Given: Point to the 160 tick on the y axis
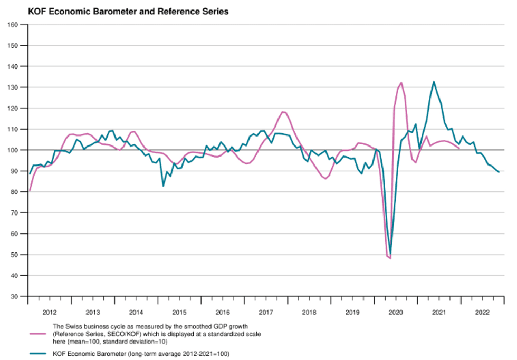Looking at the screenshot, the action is pos(13,24).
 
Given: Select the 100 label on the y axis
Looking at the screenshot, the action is pos(13,150).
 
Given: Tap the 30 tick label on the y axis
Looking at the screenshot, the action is pos(15,296).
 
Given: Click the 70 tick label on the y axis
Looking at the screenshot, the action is pos(15,213).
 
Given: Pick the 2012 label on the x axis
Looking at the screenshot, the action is pos(50,312).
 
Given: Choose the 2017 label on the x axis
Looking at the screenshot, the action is pos(266,312).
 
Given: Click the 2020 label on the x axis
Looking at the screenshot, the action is pos(396,312).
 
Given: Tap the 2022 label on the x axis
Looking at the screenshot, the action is pos(482,312).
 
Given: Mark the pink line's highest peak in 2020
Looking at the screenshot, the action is pos(401,83).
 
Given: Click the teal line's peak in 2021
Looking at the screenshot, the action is pos(434,82).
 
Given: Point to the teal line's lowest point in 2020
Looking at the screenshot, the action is pos(390,254).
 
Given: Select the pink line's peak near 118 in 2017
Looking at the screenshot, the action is pos(283,112).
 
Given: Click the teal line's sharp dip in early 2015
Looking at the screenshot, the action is pos(163,186).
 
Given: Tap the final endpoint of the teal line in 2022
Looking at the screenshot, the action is pos(499,172).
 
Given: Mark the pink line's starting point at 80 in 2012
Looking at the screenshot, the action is pos(30,191).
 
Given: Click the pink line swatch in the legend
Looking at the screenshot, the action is pos(38,334).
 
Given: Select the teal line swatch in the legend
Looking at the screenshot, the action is pos(38,354).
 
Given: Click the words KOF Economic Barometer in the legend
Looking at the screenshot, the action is pos(89,354).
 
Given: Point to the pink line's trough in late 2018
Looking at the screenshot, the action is pos(325,179).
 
